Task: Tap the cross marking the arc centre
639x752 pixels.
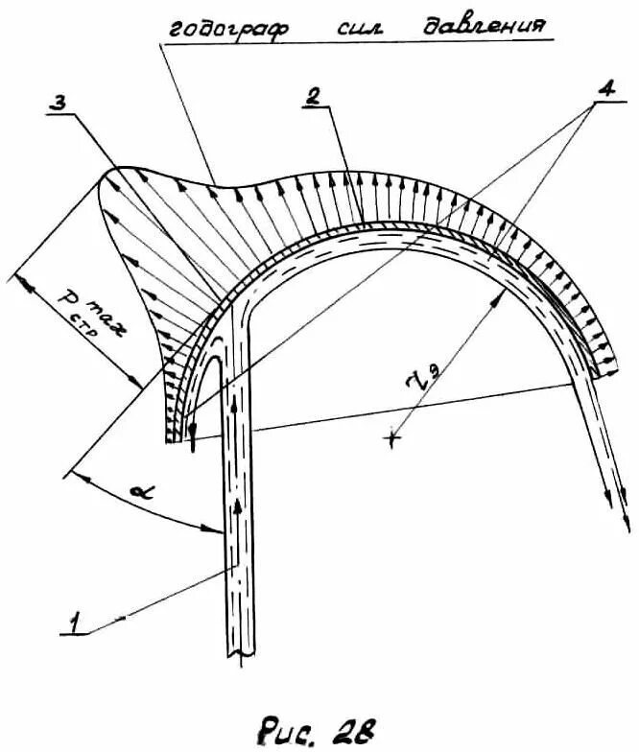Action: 391,437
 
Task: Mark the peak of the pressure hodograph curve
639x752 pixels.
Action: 115,171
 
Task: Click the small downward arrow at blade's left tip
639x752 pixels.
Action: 193,443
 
